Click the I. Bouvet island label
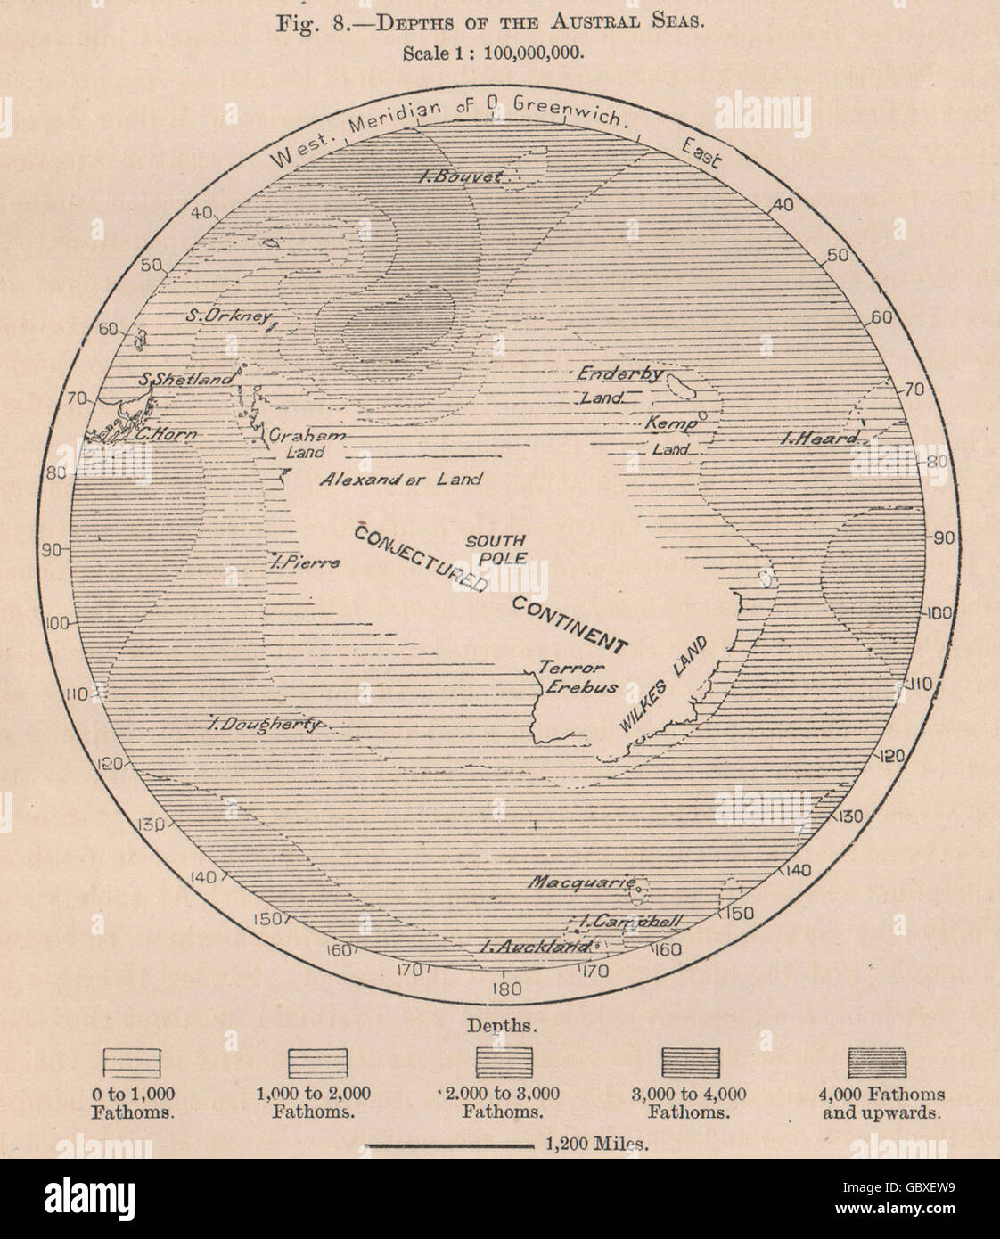click(462, 177)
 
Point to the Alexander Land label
click(401, 480)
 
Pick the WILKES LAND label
click(667, 684)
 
